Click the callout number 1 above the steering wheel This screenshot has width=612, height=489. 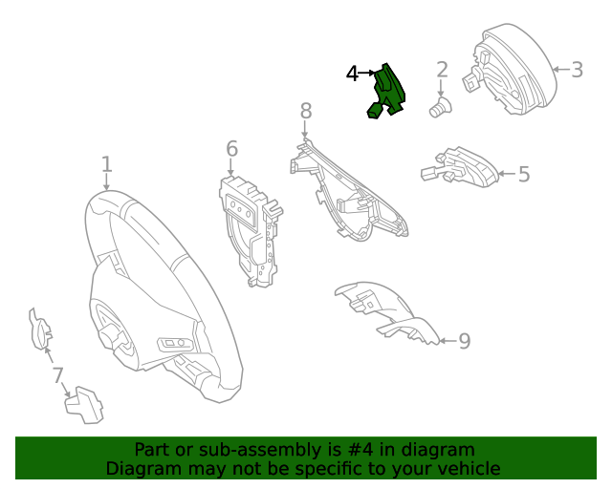[x=107, y=164]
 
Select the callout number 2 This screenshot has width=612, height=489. [x=442, y=70]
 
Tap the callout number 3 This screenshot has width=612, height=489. [x=577, y=70]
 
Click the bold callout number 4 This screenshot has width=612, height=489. [x=352, y=74]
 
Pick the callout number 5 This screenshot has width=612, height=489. [x=524, y=174]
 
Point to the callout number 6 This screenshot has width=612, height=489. [x=231, y=149]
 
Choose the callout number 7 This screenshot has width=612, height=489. [x=57, y=375]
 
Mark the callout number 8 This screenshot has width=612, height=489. [x=306, y=111]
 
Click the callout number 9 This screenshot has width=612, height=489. [x=464, y=341]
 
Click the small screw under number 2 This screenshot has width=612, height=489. [x=440, y=107]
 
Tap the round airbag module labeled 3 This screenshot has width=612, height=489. [x=512, y=70]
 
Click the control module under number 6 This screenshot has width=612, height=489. [x=250, y=231]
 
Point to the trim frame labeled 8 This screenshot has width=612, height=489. [x=347, y=191]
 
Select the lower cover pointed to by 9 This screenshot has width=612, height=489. [x=386, y=312]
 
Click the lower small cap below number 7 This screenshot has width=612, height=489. [x=84, y=405]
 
